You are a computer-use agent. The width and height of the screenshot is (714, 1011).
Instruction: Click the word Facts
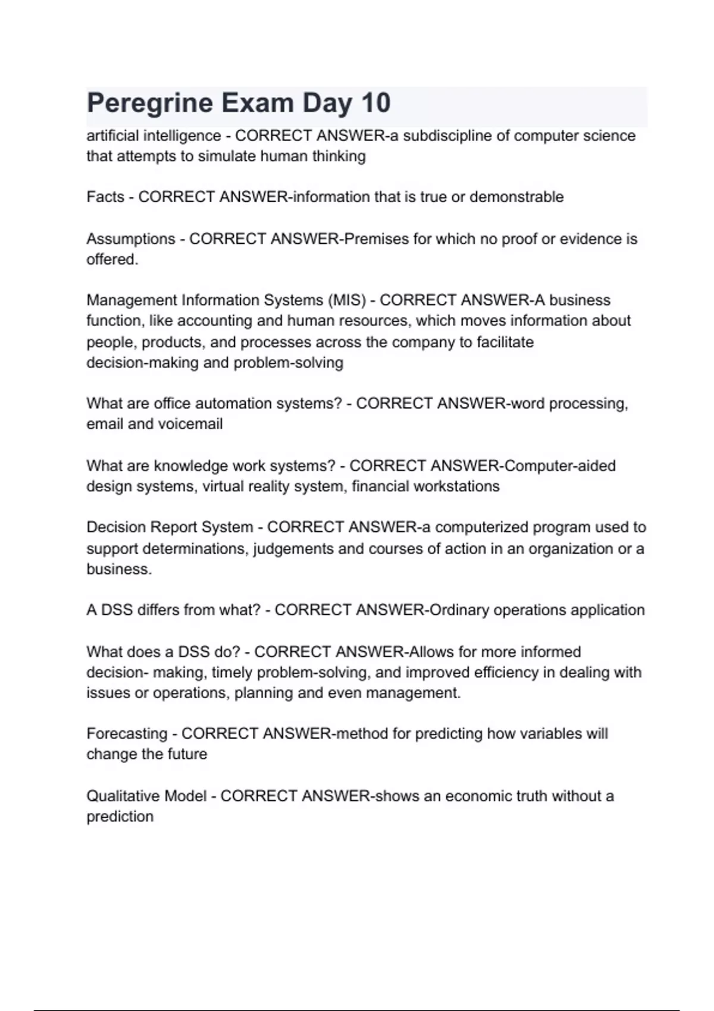[x=105, y=197]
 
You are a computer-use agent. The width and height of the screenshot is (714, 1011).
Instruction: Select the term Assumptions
[x=131, y=239]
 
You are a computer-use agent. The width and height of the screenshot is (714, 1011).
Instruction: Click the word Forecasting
[x=127, y=734]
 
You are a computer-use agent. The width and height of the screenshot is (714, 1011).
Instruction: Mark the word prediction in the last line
[x=120, y=817]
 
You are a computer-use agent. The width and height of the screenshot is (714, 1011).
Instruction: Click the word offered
[x=112, y=260]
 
